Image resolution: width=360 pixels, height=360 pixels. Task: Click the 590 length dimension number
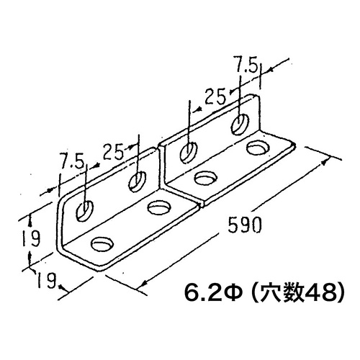pos(244,225)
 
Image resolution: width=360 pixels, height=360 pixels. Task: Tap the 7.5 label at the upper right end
pos(246,65)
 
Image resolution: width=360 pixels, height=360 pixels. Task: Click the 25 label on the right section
pos(215,96)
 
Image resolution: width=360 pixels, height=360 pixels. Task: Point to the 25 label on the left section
pos(113,152)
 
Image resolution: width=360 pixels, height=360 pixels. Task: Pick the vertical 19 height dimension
pos(31,238)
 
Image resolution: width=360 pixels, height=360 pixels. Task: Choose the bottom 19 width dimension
pos(47,280)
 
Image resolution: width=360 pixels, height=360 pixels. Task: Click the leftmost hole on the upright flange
pos(84,211)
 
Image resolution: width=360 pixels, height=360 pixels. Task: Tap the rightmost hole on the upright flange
pos(240,125)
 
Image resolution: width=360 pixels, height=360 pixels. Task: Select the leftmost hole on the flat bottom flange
pos(102,245)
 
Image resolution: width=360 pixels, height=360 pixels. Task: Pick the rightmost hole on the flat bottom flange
pos(258,148)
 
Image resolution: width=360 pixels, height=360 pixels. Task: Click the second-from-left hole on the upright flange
pos(138,181)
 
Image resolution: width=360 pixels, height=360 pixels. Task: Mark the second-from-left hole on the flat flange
pos(159,208)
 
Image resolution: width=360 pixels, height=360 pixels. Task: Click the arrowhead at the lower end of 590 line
pos(142,284)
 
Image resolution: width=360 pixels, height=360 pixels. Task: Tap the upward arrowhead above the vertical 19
pos(30,220)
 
